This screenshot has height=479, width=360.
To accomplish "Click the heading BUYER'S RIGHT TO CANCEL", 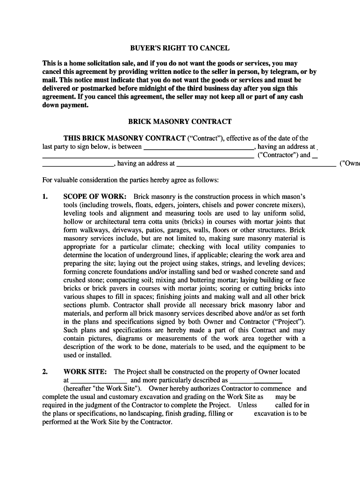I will point(180,48).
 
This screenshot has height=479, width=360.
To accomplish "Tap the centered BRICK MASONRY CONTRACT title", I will point(180,122).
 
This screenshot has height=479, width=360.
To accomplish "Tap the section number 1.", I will point(45,197).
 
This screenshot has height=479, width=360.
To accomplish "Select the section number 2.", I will point(45,372).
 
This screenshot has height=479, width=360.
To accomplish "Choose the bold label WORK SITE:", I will point(85,372).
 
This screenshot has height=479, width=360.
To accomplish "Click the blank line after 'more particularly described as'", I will point(256,381).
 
